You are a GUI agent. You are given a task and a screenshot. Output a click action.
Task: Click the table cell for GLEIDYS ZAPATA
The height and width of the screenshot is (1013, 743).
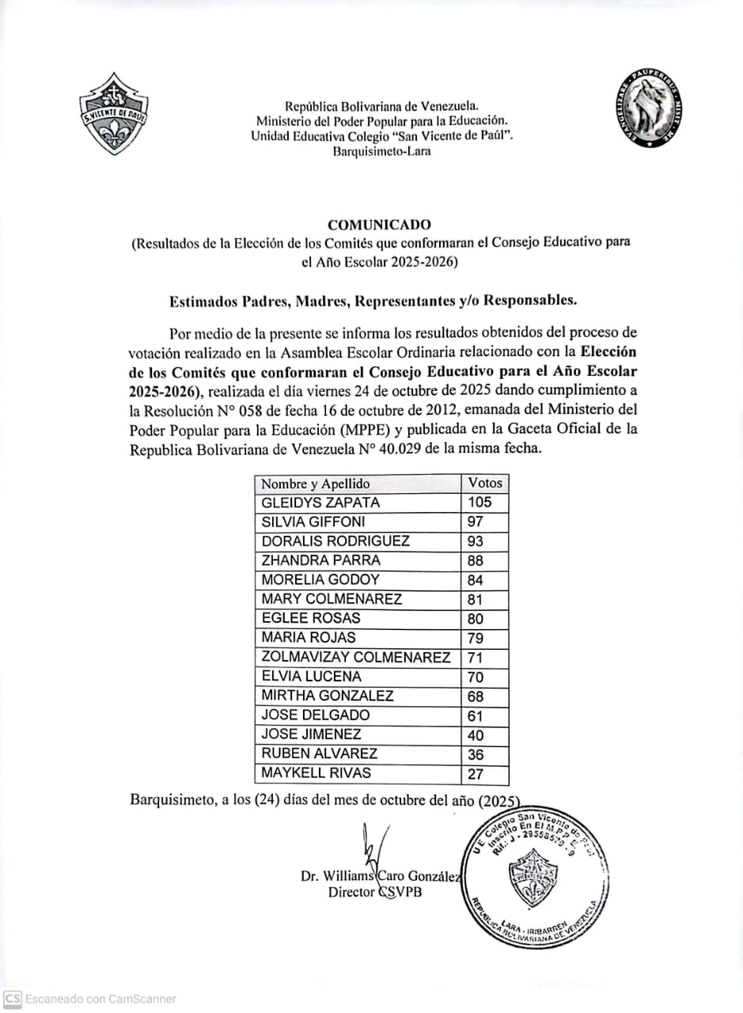coord(320,503)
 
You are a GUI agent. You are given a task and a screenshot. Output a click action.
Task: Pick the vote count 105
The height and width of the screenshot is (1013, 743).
coord(480,503)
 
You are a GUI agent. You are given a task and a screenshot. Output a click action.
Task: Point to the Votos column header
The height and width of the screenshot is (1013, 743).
coord(484,483)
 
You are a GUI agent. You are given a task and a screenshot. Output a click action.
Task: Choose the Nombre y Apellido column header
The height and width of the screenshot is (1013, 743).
coord(316,484)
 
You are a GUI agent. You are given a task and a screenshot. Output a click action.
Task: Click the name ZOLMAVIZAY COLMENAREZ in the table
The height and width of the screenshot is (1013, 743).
coord(356,658)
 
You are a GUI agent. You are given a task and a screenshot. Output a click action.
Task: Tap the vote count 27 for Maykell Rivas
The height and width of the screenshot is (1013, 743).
coord(476,774)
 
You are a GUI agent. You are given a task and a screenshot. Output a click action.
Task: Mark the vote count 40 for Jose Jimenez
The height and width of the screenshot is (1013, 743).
coord(476,735)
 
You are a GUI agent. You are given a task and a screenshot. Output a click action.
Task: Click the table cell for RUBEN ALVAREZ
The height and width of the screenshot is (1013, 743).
coord(320,754)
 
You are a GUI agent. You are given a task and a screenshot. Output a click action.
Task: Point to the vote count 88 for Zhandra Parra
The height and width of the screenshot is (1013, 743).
coord(476,561)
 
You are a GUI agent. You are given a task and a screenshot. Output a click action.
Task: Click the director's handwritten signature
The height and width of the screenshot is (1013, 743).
coord(371,848)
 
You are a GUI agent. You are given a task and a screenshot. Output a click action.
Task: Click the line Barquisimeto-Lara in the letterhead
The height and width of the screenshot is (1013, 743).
coord(381,151)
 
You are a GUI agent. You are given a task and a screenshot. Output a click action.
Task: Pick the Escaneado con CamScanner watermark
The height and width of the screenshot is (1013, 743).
coord(90,999)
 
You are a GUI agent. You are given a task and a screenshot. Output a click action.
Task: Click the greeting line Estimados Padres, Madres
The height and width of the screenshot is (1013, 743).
coord(373,301)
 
